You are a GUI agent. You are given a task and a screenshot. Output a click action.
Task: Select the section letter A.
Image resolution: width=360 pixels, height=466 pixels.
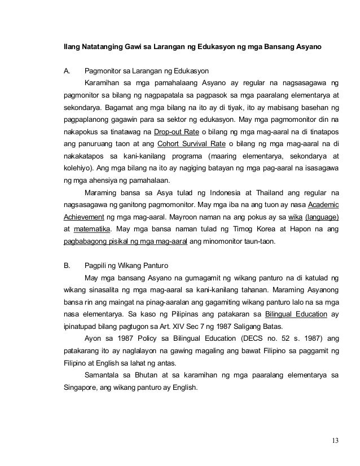67,72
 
